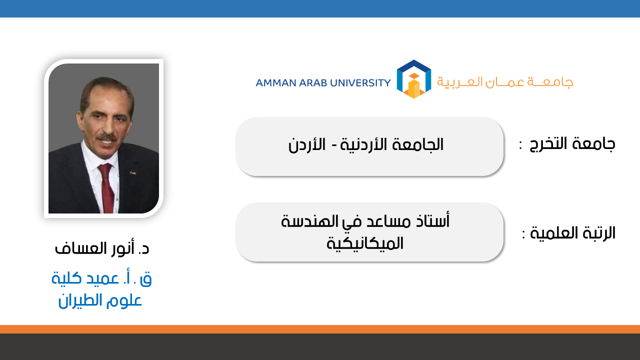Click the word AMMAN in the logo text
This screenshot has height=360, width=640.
click(x=275, y=83)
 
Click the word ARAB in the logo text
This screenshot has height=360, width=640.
click(x=313, y=83)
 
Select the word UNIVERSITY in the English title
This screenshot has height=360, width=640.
click(x=360, y=83)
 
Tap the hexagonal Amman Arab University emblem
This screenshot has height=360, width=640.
click(x=413, y=79)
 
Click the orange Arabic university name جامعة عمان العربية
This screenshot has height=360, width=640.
click(x=505, y=82)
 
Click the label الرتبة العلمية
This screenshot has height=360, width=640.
click(x=572, y=233)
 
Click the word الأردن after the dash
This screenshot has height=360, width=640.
click(x=307, y=145)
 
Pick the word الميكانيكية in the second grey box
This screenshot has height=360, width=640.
click(x=365, y=243)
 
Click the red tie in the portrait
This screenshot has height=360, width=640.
click(x=106, y=188)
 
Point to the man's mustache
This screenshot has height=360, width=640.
click(x=106, y=137)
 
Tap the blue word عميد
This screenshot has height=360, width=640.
click(x=102, y=278)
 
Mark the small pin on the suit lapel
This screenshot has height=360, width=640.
click(x=133, y=173)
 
